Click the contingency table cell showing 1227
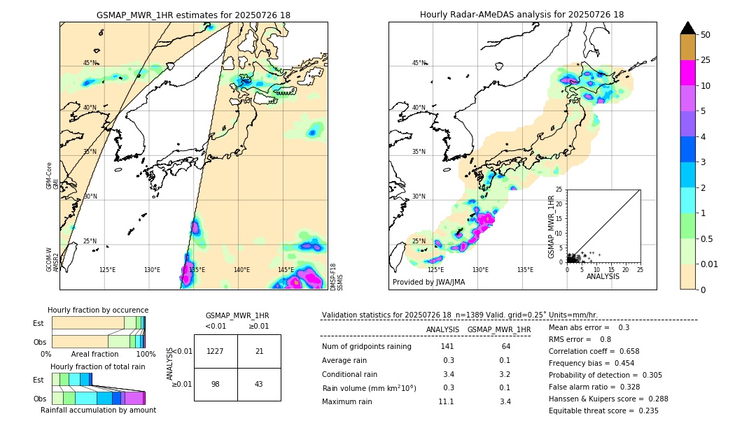pos(216,351)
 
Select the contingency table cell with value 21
pos(259,351)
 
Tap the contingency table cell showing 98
pos(216,384)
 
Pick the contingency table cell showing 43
pos(259,384)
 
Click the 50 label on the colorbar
pos(706,35)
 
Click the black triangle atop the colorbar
pos(687,28)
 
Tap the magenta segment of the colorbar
pos(687,73)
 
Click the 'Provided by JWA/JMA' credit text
pos(428,283)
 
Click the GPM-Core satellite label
pos(49,175)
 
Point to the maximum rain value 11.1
pos(447,401)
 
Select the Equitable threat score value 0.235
pos(645,411)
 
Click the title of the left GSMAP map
pos(193,15)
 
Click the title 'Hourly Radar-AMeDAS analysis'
pos(521,15)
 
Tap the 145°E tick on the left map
pos(286,270)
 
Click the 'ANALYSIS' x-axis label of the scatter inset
pos(603,277)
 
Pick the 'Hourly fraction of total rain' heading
pos(97,366)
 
